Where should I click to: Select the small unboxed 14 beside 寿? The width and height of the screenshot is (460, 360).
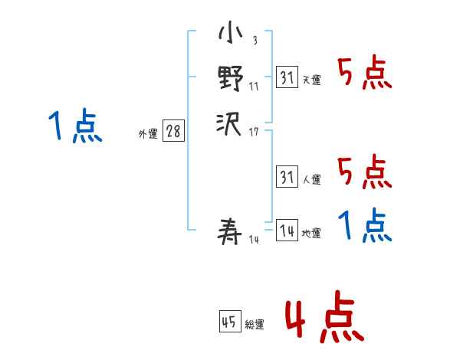pyautogui.click(x=254, y=241)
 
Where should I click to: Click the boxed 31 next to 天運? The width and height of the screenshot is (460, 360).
pyautogui.click(x=287, y=77)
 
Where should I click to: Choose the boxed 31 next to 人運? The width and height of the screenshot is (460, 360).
pyautogui.click(x=287, y=178)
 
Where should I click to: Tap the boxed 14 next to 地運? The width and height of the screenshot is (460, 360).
pyautogui.click(x=287, y=231)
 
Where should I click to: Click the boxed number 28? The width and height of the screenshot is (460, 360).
pyautogui.click(x=173, y=132)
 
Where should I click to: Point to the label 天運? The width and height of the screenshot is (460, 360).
pyautogui.click(x=312, y=80)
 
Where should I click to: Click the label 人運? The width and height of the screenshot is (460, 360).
pyautogui.click(x=312, y=180)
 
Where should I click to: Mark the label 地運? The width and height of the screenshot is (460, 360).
pyautogui.click(x=312, y=234)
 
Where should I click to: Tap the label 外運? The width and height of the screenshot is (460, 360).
pyautogui.click(x=148, y=134)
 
